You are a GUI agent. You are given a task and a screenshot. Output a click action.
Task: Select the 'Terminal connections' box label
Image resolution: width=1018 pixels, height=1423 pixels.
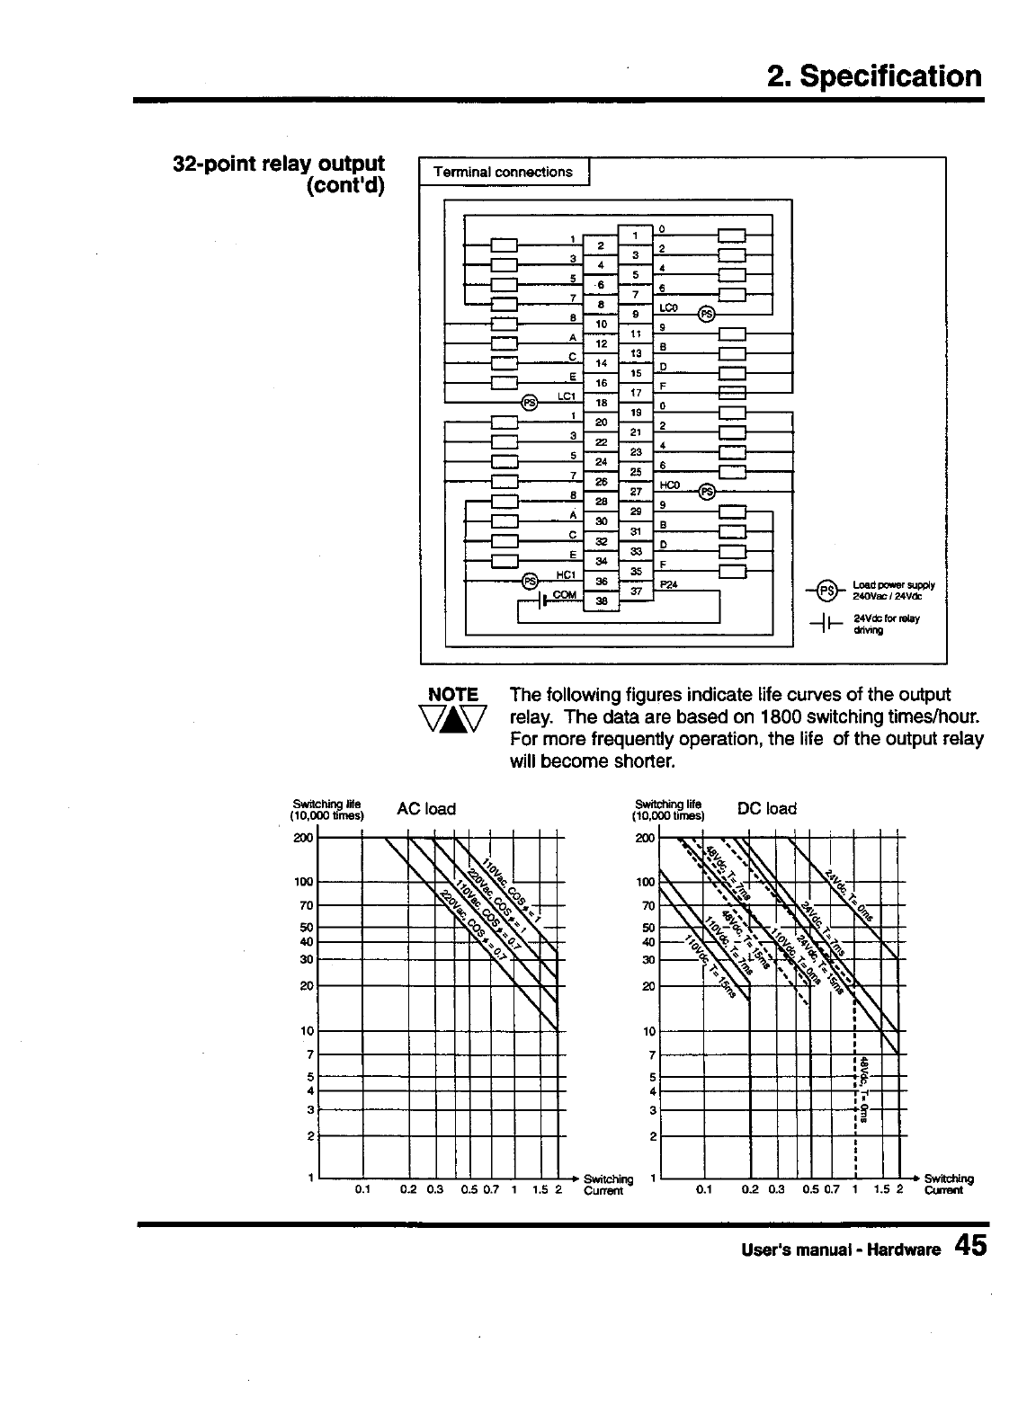503,172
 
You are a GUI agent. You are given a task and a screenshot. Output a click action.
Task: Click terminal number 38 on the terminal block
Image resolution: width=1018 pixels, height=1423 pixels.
602,601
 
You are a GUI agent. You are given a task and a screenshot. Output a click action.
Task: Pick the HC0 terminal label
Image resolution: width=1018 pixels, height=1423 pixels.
670,485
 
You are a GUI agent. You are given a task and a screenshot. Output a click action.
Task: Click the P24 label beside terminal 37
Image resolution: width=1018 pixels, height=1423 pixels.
668,584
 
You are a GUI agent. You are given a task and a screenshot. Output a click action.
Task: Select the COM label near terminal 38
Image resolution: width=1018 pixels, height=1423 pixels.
564,595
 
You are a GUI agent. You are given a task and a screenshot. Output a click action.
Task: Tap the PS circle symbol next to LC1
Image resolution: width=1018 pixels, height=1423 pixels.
531,402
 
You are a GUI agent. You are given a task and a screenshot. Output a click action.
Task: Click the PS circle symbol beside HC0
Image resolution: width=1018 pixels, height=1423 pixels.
708,491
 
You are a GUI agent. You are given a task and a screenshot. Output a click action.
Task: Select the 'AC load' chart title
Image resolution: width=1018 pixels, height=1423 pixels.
426,809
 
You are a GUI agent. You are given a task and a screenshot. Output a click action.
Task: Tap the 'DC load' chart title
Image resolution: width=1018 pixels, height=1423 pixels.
766,808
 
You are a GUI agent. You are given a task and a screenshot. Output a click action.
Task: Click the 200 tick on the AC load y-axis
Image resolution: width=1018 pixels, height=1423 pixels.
303,838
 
